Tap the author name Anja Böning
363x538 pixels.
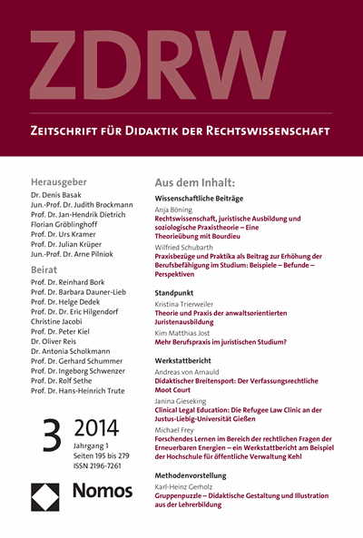click(178, 209)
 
